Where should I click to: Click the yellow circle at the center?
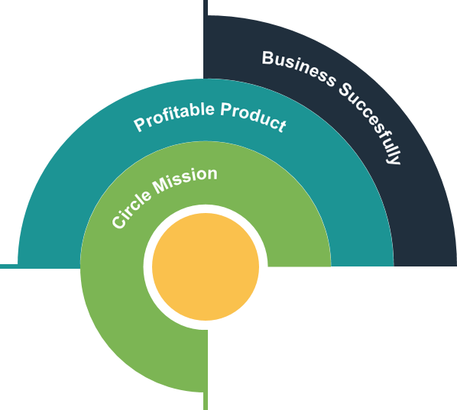pyautogui.click(x=206, y=266)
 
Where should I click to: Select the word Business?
pyautogui.click(x=299, y=69)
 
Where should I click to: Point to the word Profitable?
pyautogui.click(x=174, y=116)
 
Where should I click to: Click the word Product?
pyautogui.click(x=253, y=117)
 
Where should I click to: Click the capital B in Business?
pyautogui.click(x=268, y=58)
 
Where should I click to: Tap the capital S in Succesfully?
pyautogui.click(x=346, y=90)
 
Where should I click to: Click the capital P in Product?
pyautogui.click(x=227, y=109)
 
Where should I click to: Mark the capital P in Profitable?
pyautogui.click(x=140, y=124)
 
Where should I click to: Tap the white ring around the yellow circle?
pyautogui.click(x=147, y=266)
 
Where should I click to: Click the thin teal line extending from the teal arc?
pyautogui.click(x=8, y=266)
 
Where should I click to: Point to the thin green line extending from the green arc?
pyautogui.click(x=206, y=401)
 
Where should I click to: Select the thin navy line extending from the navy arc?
pyautogui.click(x=206, y=8)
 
